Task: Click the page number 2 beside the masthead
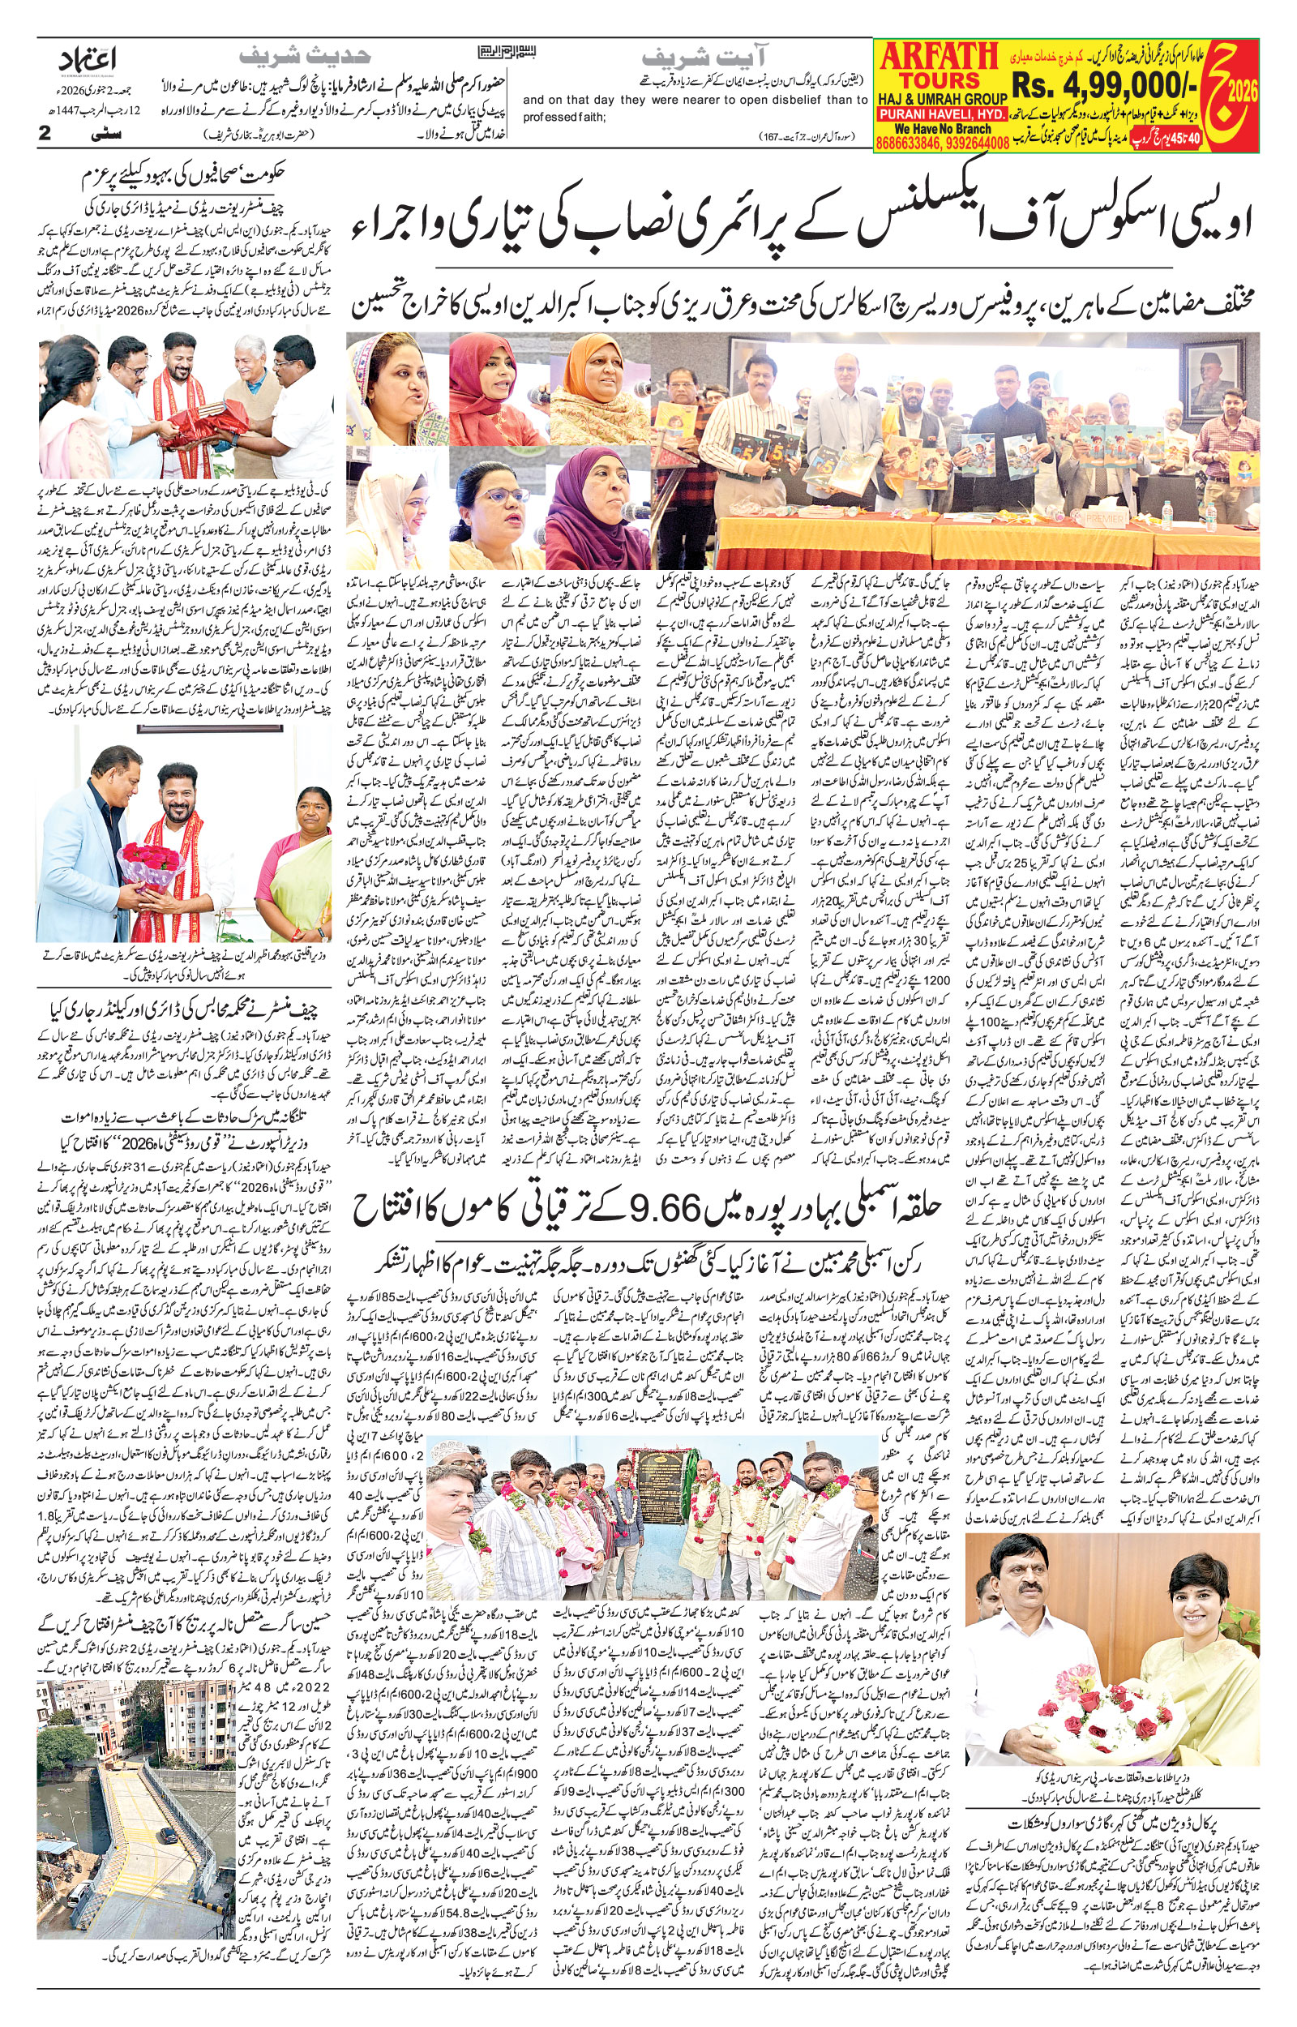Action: [45, 132]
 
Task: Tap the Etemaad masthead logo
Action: [88, 59]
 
